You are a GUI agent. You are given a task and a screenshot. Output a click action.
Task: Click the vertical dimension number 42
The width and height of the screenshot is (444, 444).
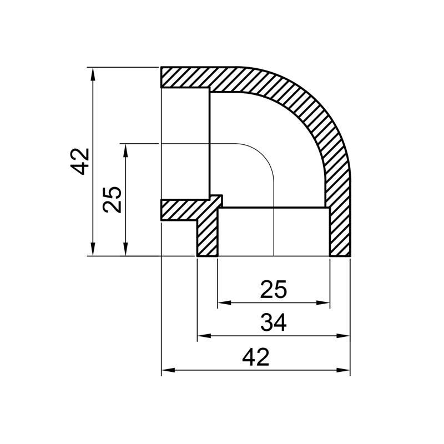click(82, 162)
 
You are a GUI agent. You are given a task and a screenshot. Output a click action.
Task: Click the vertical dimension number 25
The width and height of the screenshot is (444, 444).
click(113, 199)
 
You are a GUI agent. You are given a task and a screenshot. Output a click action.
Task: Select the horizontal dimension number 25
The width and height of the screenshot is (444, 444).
click(274, 289)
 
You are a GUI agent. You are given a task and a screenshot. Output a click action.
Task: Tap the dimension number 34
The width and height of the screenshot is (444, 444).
click(274, 322)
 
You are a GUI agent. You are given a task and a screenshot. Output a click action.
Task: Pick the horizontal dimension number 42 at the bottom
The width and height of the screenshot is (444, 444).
click(256, 356)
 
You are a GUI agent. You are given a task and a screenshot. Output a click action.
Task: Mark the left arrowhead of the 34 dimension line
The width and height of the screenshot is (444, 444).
click(204, 336)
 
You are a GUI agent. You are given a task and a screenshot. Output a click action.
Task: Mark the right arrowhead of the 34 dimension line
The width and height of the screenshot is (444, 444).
click(345, 336)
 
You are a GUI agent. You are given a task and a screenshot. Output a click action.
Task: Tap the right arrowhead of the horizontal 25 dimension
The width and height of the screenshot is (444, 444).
click(324, 303)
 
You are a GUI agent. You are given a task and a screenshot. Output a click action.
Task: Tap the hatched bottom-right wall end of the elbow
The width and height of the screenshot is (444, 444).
click(340, 233)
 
